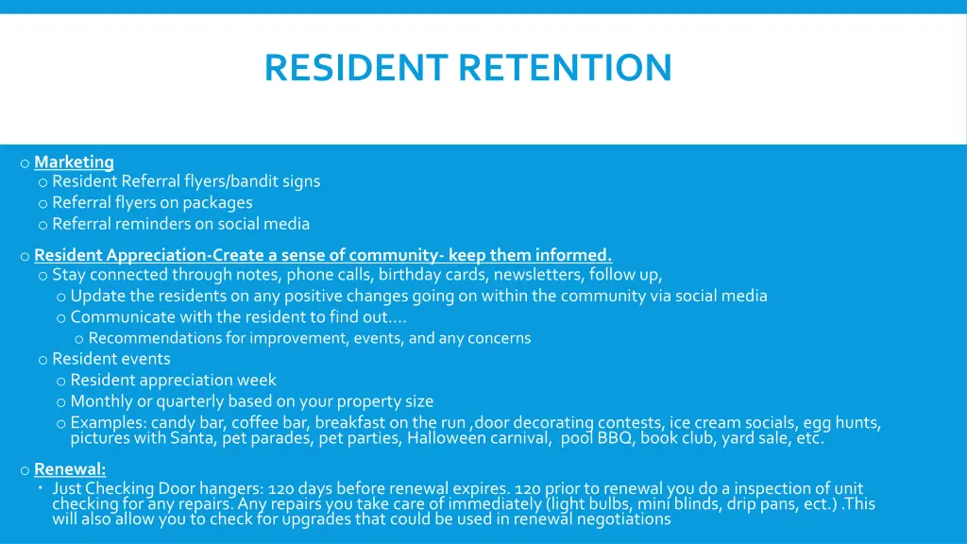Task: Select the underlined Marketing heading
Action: [x=74, y=161]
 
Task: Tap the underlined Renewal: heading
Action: [x=70, y=468]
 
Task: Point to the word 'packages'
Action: [x=217, y=202]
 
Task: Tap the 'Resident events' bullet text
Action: [x=111, y=359]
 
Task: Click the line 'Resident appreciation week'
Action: [x=173, y=380]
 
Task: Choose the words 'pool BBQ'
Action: [x=597, y=438]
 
